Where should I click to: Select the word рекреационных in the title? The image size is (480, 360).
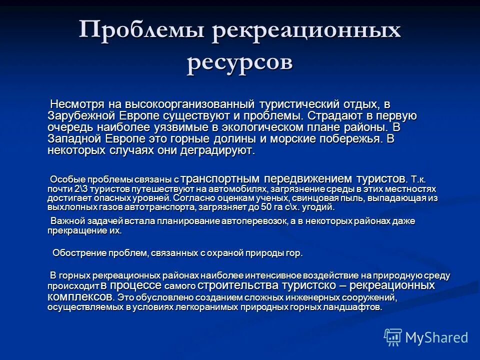tap(307, 31)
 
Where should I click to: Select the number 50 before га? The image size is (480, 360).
tap(271, 207)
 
